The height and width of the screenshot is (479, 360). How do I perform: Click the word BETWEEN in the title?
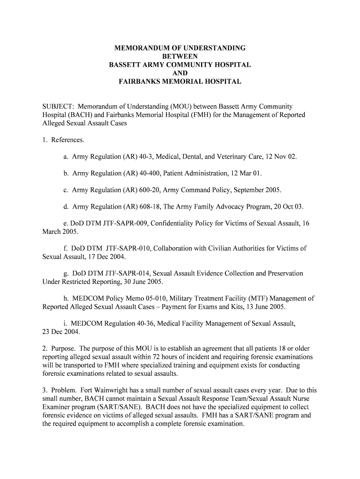(180, 56)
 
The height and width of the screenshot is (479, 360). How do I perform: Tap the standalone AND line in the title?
(180, 73)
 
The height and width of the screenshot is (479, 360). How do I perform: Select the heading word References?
(68, 140)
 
